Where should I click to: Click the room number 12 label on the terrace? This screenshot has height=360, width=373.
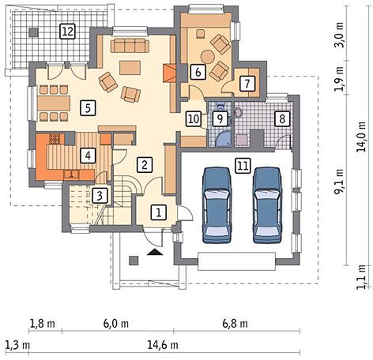point(68,32)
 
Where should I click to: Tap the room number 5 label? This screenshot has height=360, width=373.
point(88,108)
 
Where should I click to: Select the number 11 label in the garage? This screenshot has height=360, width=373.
point(243,166)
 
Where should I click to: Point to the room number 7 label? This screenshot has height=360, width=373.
point(247,84)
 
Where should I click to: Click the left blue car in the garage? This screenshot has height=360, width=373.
point(217,204)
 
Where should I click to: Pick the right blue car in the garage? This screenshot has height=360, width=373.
point(267,204)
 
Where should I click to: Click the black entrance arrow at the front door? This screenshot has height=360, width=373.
point(155,253)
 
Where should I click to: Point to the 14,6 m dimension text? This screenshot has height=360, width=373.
point(163,345)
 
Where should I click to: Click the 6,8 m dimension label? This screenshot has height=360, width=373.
point(235,324)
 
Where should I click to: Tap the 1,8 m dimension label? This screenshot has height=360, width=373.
point(43,324)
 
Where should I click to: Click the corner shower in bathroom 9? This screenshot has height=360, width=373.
point(224,139)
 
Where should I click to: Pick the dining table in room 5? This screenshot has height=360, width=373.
point(54,103)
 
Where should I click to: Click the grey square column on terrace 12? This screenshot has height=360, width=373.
point(33,32)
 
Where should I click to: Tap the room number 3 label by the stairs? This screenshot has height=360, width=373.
point(100,196)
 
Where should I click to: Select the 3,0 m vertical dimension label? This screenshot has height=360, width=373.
point(339,34)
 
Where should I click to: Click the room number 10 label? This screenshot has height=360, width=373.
point(194,119)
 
